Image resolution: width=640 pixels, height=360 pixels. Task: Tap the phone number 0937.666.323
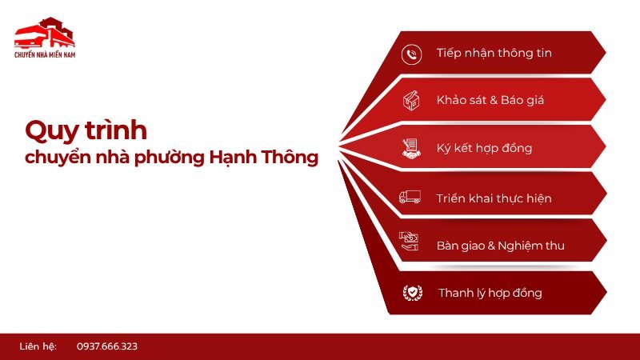107,346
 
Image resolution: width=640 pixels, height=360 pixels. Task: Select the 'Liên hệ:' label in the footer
38,346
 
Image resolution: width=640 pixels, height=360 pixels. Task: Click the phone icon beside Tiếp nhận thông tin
412,54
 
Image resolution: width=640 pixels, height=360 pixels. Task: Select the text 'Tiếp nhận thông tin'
494,54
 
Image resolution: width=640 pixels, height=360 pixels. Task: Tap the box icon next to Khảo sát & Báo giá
411,101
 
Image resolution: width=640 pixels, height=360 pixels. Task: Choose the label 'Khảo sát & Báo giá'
489,101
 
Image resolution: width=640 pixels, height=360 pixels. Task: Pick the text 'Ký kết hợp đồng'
484,148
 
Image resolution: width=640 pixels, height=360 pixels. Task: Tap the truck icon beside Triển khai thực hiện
410,197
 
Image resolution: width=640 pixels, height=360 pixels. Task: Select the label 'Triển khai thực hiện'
494,198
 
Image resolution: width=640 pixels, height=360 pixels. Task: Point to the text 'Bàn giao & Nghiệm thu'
501,245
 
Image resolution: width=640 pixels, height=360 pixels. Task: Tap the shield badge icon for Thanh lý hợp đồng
412,293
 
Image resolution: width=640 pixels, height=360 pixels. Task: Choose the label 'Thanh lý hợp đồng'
490,293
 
